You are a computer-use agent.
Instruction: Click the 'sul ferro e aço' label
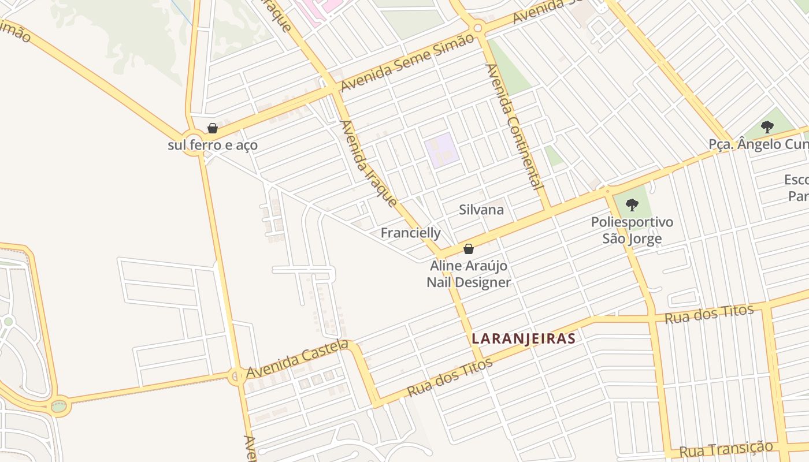click(x=213, y=145)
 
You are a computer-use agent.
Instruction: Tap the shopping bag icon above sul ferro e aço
click(x=213, y=128)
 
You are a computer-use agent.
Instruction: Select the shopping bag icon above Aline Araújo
click(x=469, y=249)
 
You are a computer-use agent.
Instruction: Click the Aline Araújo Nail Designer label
click(x=469, y=274)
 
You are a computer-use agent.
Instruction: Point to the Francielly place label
click(x=410, y=233)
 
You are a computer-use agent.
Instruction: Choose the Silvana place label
click(x=481, y=210)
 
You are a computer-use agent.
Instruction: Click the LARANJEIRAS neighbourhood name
click(x=524, y=338)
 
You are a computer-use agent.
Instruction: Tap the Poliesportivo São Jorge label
click(x=632, y=230)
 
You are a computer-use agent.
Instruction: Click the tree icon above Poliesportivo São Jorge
click(x=632, y=204)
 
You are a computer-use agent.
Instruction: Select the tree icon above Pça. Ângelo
click(x=767, y=126)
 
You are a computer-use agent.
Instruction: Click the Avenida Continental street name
click(x=514, y=127)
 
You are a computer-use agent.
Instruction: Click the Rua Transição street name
click(x=726, y=449)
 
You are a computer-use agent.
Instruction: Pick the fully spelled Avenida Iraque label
click(x=368, y=163)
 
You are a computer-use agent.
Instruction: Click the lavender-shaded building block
click(x=441, y=150)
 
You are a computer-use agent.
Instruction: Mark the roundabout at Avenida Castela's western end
click(x=236, y=377)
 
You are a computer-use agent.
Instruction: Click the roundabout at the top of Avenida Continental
click(x=477, y=27)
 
